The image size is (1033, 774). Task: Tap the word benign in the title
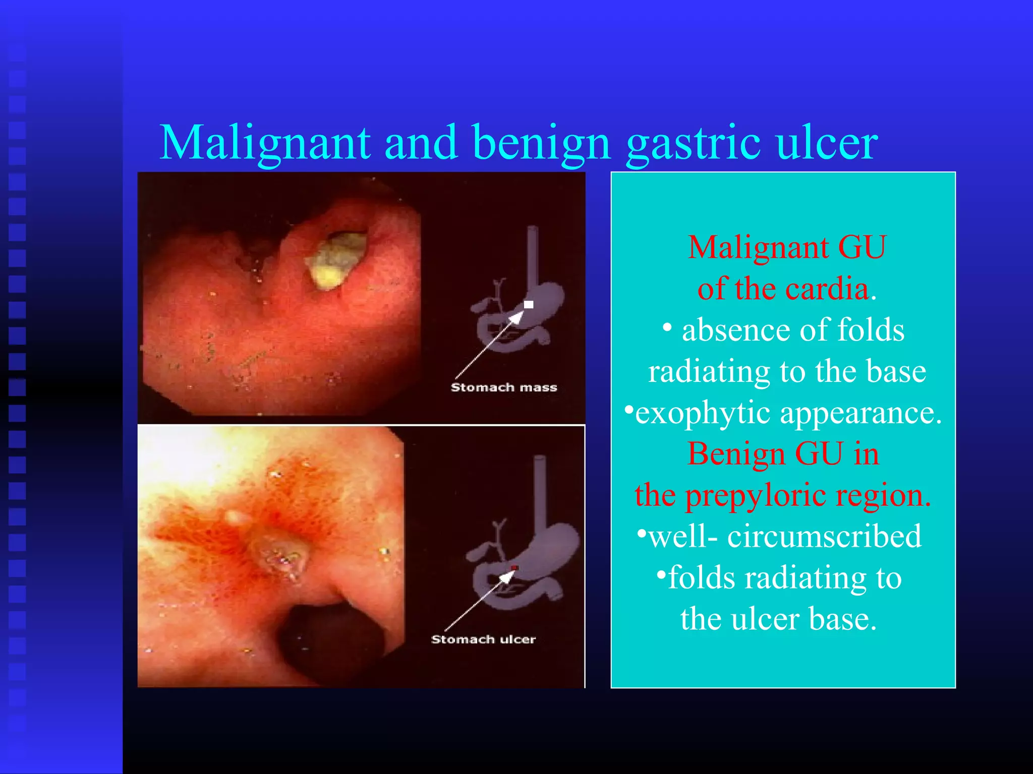[542, 143]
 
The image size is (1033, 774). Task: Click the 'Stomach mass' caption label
[503, 387]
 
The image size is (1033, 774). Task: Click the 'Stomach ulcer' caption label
[483, 639]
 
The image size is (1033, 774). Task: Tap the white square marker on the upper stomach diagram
[529, 304]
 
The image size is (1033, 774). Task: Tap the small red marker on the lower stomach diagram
[514, 568]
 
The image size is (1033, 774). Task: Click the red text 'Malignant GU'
[786, 247]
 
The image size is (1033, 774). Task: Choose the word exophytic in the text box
[702, 413]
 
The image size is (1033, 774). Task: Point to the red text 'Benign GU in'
[783, 454]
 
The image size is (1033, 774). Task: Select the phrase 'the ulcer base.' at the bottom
[778, 619]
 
